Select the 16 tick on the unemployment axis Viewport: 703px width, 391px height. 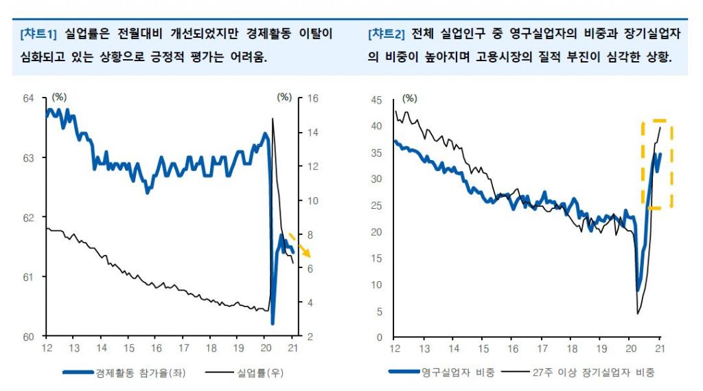(311, 98)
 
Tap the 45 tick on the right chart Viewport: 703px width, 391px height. (376, 100)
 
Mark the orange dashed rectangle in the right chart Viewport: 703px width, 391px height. (657, 165)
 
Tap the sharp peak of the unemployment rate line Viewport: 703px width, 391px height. (273, 119)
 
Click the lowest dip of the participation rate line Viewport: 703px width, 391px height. (273, 323)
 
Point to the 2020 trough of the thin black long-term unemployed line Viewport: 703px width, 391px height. (638, 314)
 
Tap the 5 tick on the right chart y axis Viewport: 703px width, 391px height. (378, 311)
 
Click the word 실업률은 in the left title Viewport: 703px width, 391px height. (85, 33)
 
